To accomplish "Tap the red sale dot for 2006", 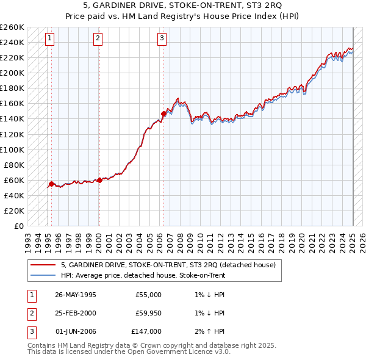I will [x=163, y=113].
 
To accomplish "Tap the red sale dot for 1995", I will [x=51, y=183].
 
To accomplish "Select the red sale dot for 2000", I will [x=99, y=179].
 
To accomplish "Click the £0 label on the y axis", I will [x=19, y=226].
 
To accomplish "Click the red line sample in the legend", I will [x=43, y=265].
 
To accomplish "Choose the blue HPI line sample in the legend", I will [x=43, y=275].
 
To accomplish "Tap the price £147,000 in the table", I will [x=146, y=331].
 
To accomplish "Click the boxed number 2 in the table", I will [x=30, y=313].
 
